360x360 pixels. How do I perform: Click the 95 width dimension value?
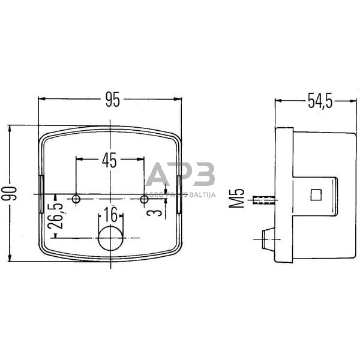click(x=112, y=100)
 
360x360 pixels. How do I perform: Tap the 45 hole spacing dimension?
click(x=109, y=160)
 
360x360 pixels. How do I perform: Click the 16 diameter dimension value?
click(x=110, y=215)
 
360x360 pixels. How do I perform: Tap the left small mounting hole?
click(x=76, y=199)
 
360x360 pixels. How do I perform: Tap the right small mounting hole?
click(x=144, y=199)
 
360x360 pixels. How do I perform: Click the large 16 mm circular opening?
click(x=110, y=238)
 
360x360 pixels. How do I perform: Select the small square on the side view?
click(x=316, y=194)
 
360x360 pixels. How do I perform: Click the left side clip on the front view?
click(x=40, y=194)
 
